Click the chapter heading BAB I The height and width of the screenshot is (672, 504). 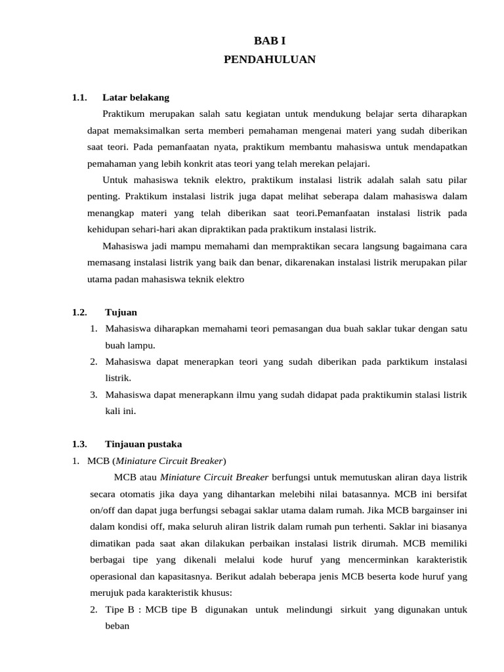tap(270, 41)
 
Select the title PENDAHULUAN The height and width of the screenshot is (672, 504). tap(270, 60)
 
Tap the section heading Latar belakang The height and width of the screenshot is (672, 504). tap(136, 98)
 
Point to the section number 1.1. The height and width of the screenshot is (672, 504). tap(79, 98)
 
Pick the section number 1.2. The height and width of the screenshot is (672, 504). tap(79, 312)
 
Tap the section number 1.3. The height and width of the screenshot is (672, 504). tap(79, 444)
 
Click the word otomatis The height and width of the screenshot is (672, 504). tap(131, 493)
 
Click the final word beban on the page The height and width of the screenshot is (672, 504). tap(117, 626)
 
